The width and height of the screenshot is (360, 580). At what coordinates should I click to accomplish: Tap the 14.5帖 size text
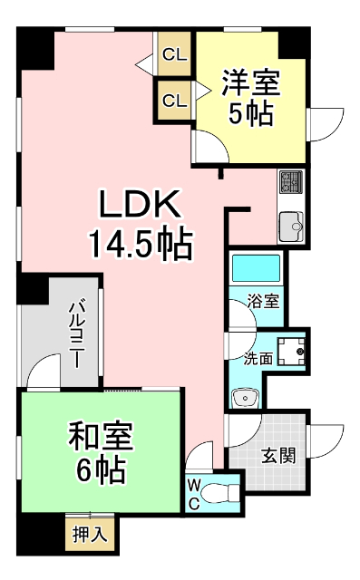click(x=140, y=242)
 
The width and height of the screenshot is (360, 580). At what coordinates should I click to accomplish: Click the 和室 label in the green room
click(x=101, y=438)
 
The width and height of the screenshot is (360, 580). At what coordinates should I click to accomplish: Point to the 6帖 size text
click(x=101, y=469)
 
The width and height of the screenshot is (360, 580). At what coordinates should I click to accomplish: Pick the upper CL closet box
click(x=173, y=54)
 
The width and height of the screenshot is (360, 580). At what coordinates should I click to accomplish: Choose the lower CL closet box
click(x=173, y=100)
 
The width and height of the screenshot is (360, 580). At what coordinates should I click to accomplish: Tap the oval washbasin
click(x=244, y=396)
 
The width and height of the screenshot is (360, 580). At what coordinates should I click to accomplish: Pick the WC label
click(x=195, y=495)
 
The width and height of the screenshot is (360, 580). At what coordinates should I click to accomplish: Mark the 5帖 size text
click(x=250, y=115)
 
